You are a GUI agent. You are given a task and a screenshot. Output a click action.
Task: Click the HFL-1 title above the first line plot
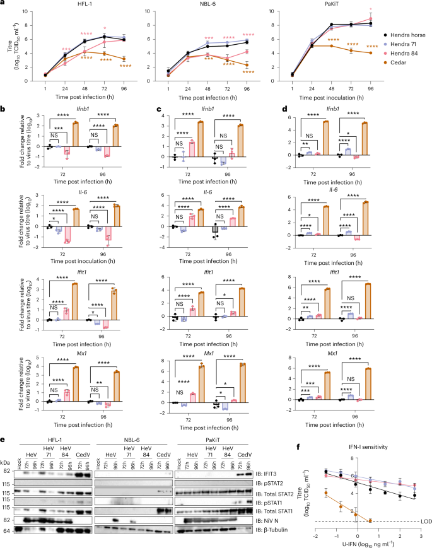pos(81,4)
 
